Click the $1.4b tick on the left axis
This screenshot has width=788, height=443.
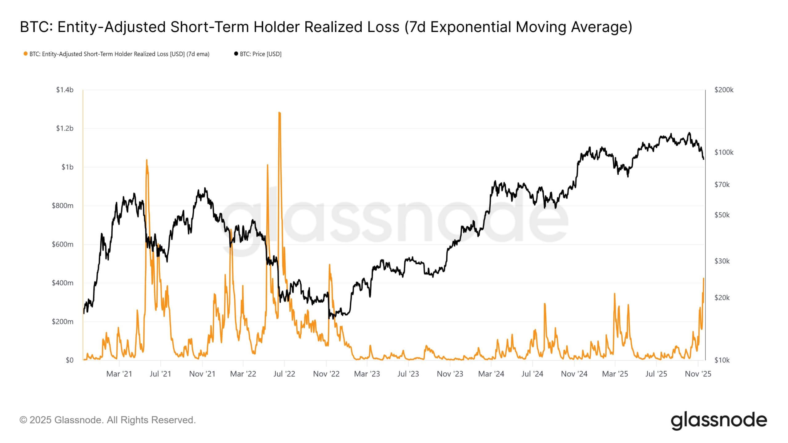click(65, 90)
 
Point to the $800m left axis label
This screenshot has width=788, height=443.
click(62, 206)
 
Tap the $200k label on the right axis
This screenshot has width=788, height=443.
click(724, 90)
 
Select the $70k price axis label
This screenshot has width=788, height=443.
click(722, 185)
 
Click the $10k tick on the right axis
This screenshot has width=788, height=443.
click(722, 360)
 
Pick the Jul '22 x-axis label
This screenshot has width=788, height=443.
click(284, 374)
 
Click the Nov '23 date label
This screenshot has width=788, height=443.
click(450, 374)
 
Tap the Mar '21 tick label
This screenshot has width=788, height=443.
click(119, 374)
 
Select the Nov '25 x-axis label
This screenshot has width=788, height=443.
click(698, 374)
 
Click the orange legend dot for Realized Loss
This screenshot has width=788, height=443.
click(26, 54)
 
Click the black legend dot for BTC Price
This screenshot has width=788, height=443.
click(236, 54)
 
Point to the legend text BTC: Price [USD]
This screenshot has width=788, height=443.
click(261, 54)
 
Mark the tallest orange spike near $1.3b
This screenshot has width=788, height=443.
click(279, 113)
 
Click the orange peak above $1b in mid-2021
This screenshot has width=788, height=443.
click(147, 160)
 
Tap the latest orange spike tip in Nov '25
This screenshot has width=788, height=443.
click(704, 278)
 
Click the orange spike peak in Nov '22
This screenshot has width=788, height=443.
click(330, 265)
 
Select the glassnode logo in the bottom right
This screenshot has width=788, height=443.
click(719, 421)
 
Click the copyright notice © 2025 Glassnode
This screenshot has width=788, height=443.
click(108, 420)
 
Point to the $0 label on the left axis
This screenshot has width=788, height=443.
click(70, 360)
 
